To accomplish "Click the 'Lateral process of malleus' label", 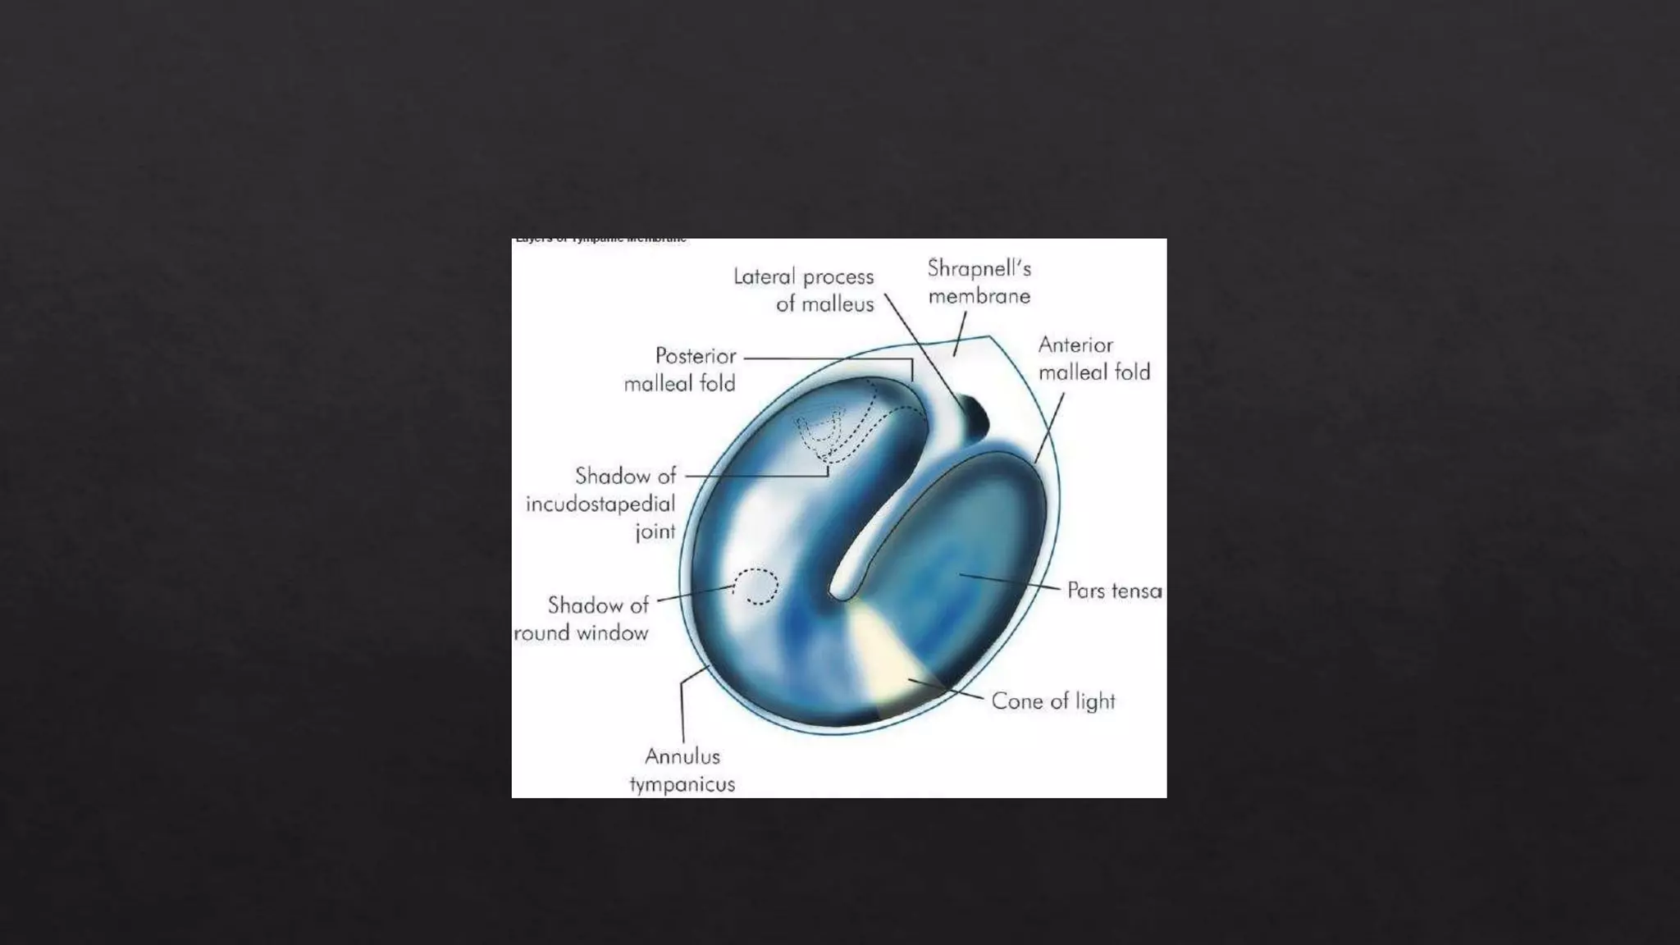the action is (804, 290).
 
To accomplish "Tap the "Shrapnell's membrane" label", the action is (979, 281).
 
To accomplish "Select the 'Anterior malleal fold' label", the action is (1093, 358).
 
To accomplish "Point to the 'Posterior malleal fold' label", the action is (680, 369).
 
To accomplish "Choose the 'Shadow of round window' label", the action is (582, 619).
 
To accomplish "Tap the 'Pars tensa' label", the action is (1114, 591).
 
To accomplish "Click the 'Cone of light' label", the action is (1053, 701).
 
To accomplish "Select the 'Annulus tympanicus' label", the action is (682, 769).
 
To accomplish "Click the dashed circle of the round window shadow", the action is (756, 587).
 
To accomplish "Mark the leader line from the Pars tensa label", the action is (1013, 582).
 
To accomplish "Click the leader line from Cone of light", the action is (947, 690).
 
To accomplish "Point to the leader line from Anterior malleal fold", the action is (1050, 427).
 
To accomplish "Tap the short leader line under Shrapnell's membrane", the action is (960, 334).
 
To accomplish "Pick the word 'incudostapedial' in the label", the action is (600, 503).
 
